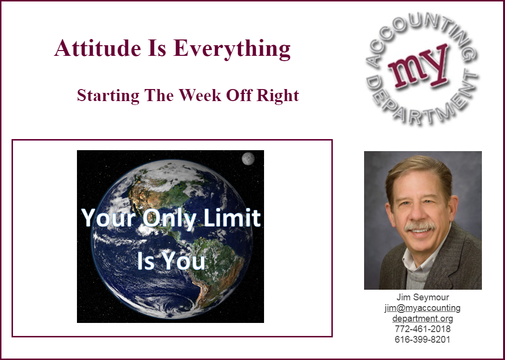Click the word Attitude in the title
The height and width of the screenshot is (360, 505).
point(98,48)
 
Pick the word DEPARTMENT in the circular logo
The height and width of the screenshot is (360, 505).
point(422,103)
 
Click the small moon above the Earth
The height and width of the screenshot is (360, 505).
point(248,159)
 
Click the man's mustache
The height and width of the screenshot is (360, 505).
point(420,226)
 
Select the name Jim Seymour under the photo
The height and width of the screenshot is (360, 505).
point(423,297)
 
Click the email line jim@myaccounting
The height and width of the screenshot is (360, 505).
point(423,308)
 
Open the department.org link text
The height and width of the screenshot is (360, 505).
point(423,319)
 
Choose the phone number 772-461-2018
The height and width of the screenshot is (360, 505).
point(423,329)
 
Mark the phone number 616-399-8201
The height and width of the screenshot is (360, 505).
point(423,339)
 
